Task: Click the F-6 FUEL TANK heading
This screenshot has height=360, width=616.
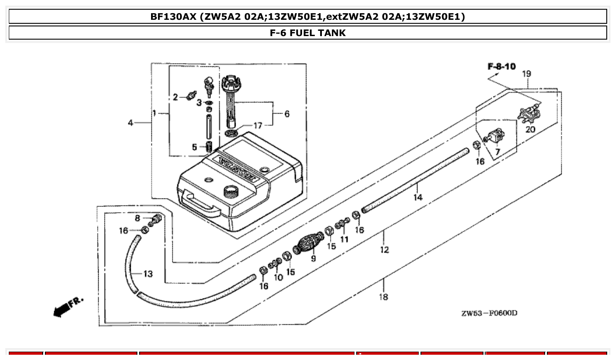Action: (308, 33)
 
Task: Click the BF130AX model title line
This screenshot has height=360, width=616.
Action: (308, 17)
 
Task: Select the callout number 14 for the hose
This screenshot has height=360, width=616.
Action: (417, 198)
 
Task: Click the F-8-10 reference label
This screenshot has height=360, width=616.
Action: (502, 66)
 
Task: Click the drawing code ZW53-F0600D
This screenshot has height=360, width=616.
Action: (489, 313)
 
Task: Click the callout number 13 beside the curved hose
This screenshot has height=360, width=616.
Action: (148, 274)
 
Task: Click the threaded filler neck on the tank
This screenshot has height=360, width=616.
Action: (231, 191)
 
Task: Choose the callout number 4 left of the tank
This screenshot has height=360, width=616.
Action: (131, 123)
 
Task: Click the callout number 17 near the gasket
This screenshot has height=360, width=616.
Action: (258, 126)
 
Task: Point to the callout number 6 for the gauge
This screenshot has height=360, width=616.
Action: (287, 114)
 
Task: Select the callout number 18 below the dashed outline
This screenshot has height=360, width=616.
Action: (383, 297)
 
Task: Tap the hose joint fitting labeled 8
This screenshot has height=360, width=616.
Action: (156, 218)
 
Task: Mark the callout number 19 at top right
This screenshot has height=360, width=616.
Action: (527, 74)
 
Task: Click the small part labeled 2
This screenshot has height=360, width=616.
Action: (191, 95)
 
